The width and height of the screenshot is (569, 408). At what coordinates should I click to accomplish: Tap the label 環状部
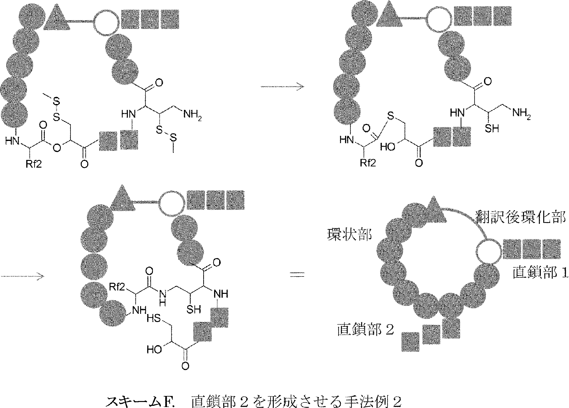(x=349, y=235)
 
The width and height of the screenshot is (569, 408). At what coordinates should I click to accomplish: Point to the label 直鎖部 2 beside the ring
(x=365, y=329)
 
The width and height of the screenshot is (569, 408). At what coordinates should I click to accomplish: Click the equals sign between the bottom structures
(x=297, y=275)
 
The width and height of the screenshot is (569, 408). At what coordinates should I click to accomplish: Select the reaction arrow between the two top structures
(x=282, y=87)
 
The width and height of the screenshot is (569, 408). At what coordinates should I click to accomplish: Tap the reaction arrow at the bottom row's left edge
(x=23, y=276)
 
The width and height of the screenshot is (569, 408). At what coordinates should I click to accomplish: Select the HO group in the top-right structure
(x=388, y=147)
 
